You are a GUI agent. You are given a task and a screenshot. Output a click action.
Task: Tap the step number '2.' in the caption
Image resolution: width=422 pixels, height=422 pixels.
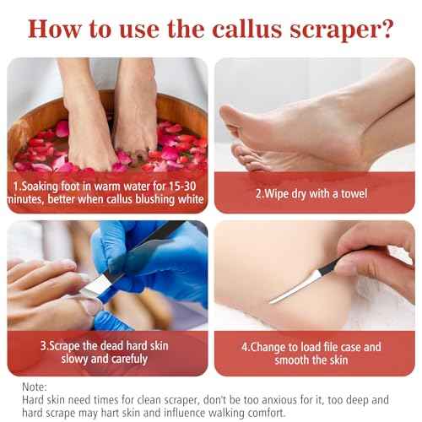260,192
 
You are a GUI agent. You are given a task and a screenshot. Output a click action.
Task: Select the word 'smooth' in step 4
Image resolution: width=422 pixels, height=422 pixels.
292,360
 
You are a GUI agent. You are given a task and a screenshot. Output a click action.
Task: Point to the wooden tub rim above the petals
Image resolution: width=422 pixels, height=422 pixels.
186,105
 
